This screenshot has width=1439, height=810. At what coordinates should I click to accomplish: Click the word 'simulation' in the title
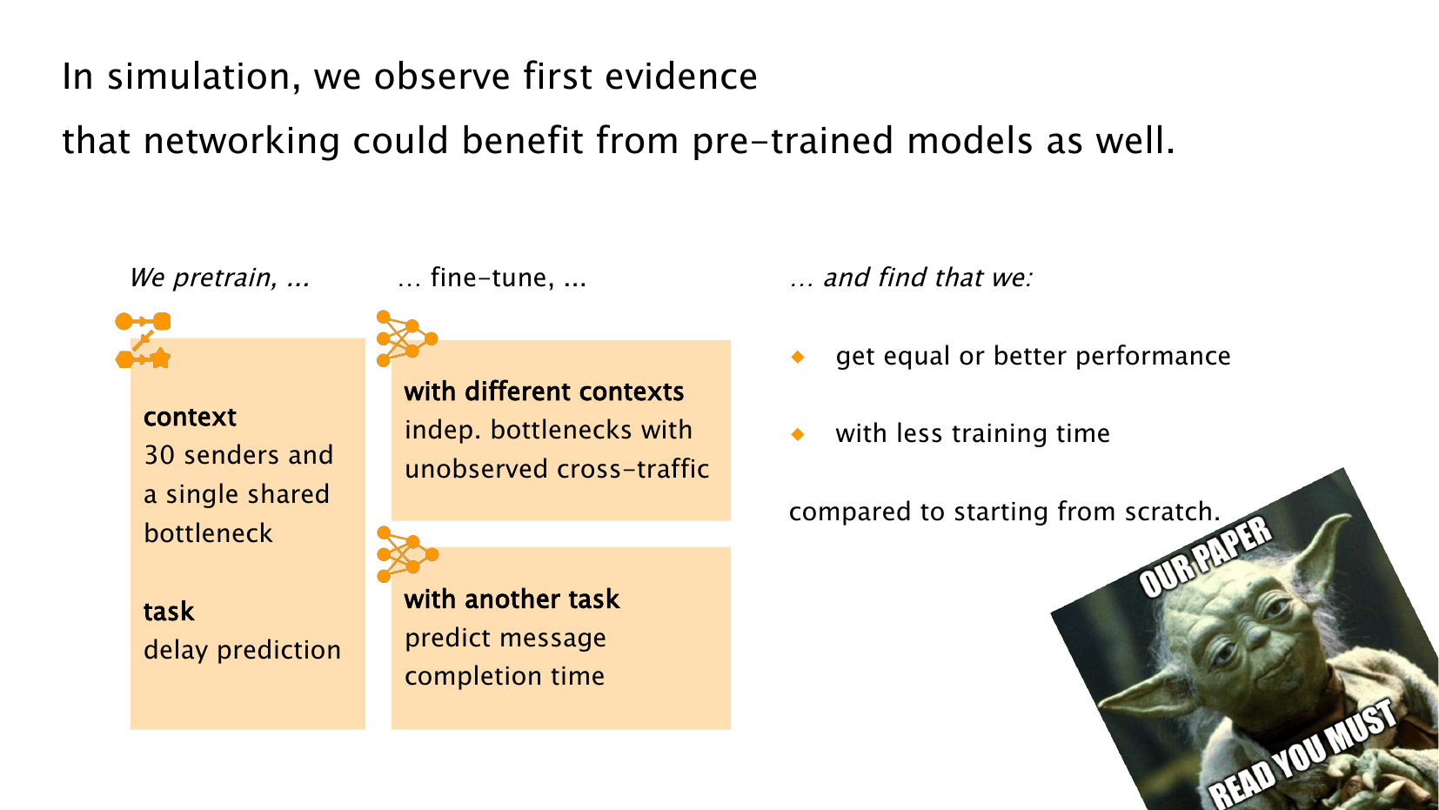point(204,77)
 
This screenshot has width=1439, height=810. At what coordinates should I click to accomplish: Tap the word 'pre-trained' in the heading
point(792,141)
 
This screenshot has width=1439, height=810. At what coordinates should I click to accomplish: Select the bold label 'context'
point(190,418)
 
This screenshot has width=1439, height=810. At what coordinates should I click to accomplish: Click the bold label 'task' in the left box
point(168,612)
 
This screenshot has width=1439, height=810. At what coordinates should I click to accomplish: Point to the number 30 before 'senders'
point(159,455)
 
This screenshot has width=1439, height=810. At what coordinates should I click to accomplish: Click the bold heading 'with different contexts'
point(544,392)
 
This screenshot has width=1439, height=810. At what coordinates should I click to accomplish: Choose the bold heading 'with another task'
point(512,599)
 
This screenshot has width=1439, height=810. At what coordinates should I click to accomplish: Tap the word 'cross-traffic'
point(632,469)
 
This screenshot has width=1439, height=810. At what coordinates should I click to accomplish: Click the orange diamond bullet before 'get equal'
point(798,357)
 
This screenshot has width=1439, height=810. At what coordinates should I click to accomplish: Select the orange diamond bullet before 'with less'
point(798,434)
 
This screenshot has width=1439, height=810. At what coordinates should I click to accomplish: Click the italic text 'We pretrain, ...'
point(220,278)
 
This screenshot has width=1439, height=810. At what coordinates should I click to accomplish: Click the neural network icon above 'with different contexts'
point(406,338)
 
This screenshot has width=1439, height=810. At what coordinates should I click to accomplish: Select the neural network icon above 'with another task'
point(407,554)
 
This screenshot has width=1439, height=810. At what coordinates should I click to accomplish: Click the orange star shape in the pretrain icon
point(161,358)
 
